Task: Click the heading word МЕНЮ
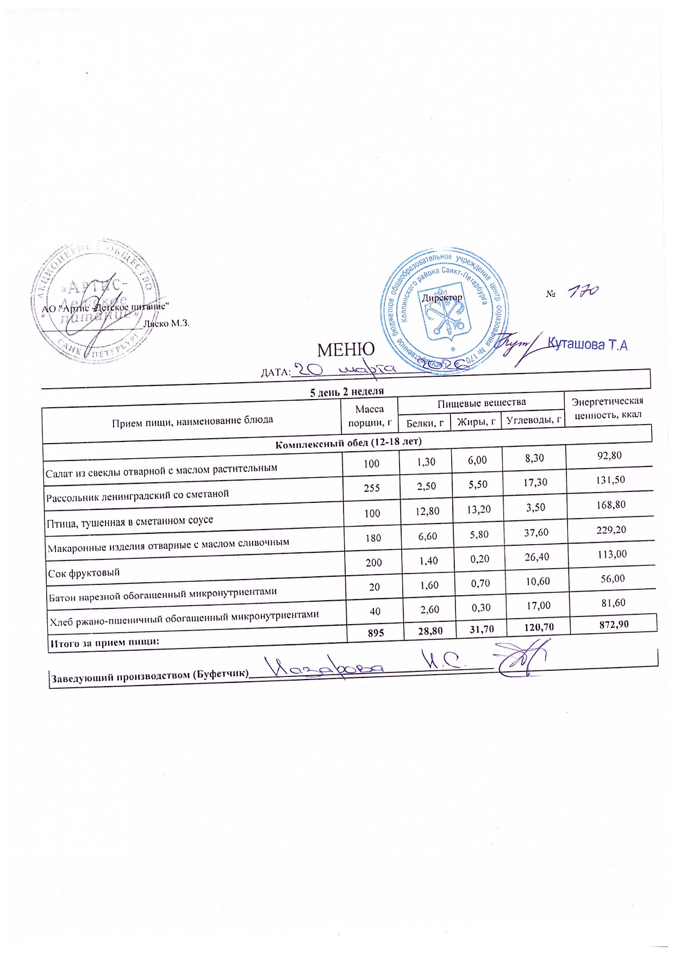pos(346,350)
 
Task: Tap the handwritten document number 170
pos(582,292)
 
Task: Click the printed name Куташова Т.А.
pos(588,345)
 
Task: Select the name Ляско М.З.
pos(166,323)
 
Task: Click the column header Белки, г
pos(425,423)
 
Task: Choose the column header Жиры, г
pos(476,421)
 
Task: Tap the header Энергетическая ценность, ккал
pos(608,408)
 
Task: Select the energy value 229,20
pos(611,530)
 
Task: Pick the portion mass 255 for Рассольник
pos(372,488)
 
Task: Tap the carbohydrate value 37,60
pos(536,533)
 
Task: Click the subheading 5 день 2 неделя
pos(347,392)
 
